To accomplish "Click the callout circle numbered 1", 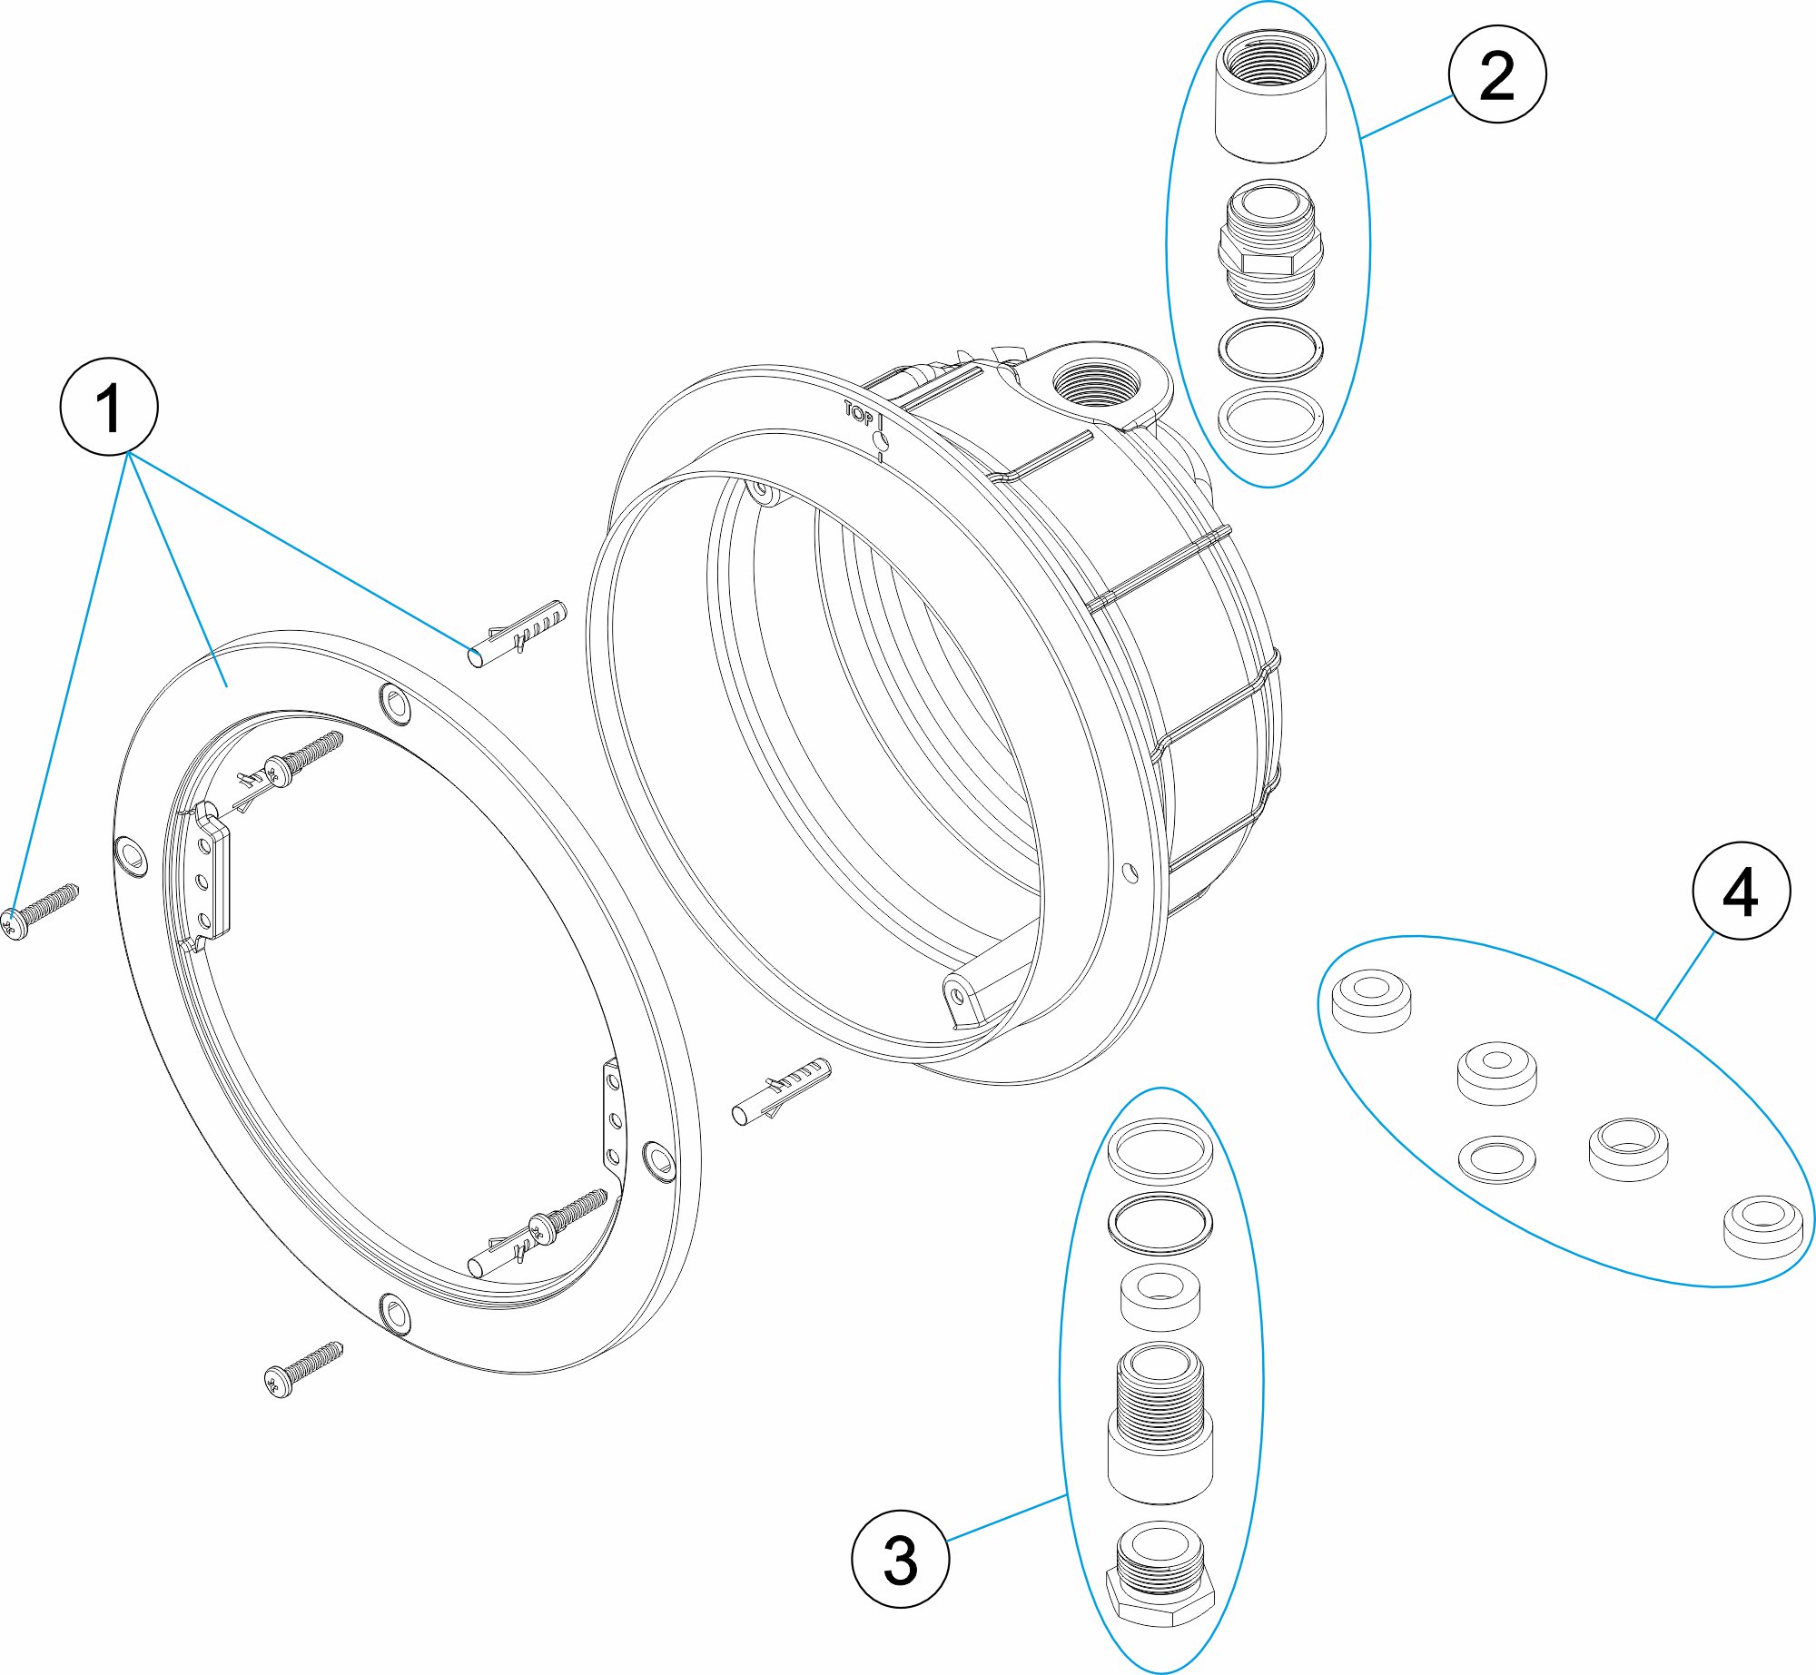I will pyautogui.click(x=109, y=408).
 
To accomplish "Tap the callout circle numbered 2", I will pyautogui.click(x=1497, y=74).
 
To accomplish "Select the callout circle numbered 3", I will pyautogui.click(x=900, y=1560).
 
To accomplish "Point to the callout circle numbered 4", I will pyautogui.click(x=1741, y=892).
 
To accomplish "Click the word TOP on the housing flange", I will pyautogui.click(x=859, y=413).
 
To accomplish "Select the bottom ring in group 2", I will pyautogui.click(x=1270, y=419).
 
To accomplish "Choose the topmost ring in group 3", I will pyautogui.click(x=1160, y=1150).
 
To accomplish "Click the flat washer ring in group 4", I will pyautogui.click(x=1496, y=1158).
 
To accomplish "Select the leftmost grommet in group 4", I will pyautogui.click(x=1371, y=1000).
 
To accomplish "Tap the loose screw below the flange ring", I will pyautogui.click(x=303, y=1369).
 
